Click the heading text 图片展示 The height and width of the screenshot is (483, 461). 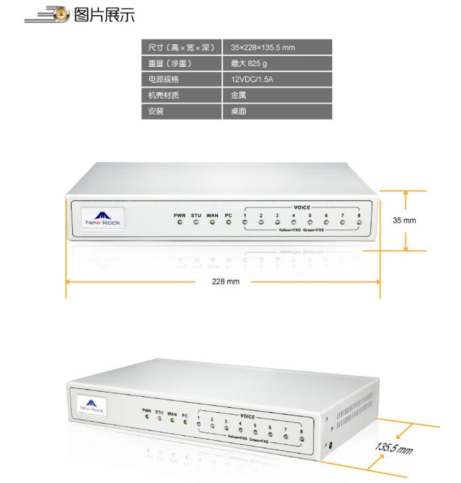[104, 15]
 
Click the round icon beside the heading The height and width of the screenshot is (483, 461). [62, 15]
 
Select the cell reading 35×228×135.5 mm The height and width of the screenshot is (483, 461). [263, 48]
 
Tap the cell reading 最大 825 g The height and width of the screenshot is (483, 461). [249, 64]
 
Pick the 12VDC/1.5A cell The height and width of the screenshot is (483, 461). [252, 79]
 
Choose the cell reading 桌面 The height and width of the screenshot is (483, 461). [239, 111]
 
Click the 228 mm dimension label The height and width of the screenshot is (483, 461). [225, 281]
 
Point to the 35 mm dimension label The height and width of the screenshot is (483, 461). [404, 220]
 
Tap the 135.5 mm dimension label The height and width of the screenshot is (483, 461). [394, 448]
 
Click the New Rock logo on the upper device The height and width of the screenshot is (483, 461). [103, 218]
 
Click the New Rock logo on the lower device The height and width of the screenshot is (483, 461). [92, 406]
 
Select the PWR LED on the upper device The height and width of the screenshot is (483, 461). [180, 222]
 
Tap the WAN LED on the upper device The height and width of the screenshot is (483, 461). [212, 222]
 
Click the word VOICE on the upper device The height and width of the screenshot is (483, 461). [302, 208]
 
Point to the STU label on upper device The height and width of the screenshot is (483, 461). [196, 215]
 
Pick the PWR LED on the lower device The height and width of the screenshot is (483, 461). [147, 417]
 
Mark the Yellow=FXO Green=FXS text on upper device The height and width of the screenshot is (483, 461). [301, 231]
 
